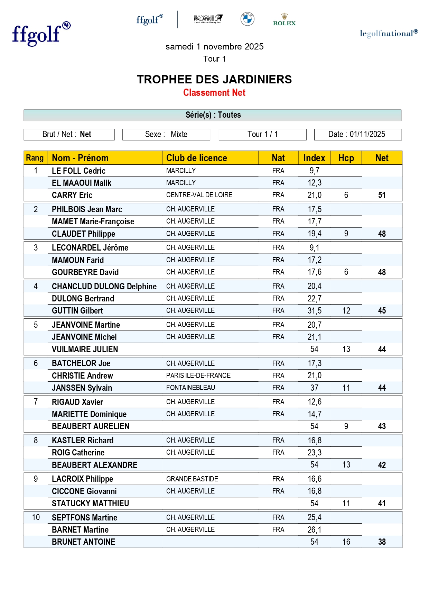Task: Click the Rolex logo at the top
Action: coord(284,20)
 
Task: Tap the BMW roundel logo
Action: coord(248,19)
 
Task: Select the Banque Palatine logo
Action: coord(208,19)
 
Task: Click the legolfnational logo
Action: coord(389,33)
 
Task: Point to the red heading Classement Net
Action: coord(214,93)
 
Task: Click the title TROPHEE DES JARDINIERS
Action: coord(214,80)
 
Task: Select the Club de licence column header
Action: coord(196,158)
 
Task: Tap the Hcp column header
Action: coord(346,158)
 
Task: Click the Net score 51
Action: coord(382,195)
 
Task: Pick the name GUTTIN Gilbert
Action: coord(77,311)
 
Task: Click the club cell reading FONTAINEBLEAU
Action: coord(190,388)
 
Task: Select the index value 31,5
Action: coord(315,311)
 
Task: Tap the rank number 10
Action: coord(36,517)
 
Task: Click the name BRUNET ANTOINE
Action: coord(84,542)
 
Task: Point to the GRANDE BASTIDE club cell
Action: coord(192,479)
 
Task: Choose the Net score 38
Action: coord(382,542)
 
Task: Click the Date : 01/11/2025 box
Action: coord(357,134)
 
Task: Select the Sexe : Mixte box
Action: coord(166,134)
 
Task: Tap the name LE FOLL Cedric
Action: coord(79,171)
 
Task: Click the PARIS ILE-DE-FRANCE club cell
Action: coord(198,375)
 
